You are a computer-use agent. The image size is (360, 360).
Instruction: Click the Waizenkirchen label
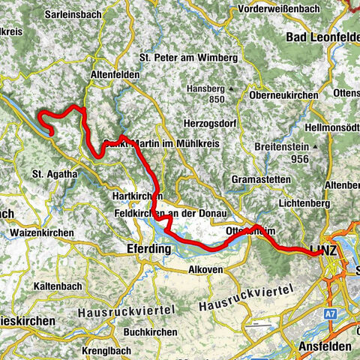42,233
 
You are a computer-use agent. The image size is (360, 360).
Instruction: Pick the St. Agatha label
54,174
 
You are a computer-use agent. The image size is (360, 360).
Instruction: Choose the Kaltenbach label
59,286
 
